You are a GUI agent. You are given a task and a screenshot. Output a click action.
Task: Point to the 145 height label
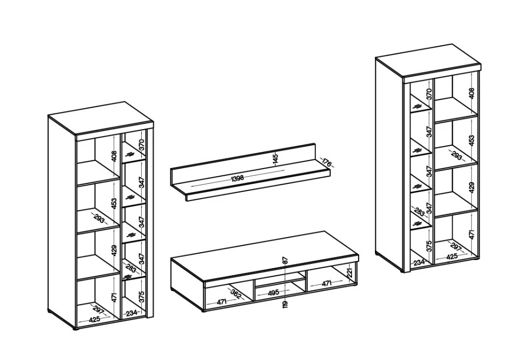coord(275,159)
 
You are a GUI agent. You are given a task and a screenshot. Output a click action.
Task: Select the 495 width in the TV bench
coord(273,292)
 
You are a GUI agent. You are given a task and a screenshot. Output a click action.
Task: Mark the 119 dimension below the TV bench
coord(285,304)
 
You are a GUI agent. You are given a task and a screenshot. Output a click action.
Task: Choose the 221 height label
coord(350,273)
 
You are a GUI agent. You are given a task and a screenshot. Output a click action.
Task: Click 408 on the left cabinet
coord(114,156)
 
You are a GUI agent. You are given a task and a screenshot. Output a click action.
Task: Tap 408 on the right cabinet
coord(471,93)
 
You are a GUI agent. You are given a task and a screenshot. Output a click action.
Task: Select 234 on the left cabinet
coord(131,313)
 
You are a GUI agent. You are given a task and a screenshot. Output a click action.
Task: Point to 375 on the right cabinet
coord(429,246)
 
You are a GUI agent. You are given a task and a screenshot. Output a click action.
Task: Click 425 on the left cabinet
coord(94,319)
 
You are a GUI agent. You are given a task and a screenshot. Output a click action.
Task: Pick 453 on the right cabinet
coord(471,140)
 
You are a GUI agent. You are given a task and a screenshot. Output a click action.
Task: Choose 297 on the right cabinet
coord(456,247)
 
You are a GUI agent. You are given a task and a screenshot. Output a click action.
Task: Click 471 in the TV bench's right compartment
coord(327,283)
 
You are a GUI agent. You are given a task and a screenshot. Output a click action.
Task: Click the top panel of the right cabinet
coord(428,61)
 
